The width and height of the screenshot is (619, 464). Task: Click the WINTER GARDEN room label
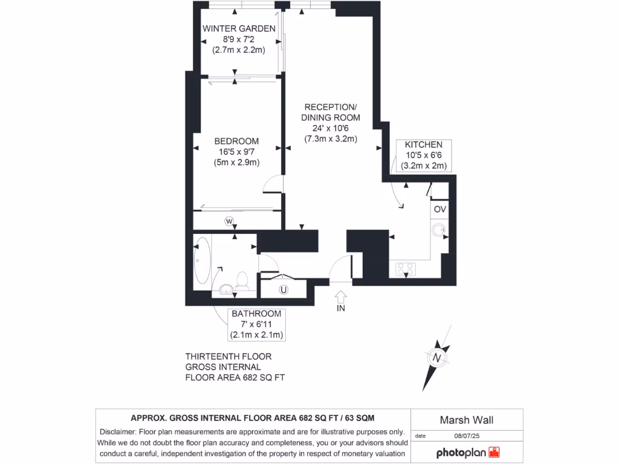point(239,28)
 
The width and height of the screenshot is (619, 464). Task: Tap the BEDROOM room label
point(236,141)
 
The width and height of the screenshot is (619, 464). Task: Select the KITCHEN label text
point(423,145)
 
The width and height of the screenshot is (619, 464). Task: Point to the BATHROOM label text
point(256,314)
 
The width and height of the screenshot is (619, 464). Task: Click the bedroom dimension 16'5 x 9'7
point(236,152)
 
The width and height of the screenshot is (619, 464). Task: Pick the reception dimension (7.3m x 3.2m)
point(331,138)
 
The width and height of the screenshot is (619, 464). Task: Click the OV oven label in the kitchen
point(439,209)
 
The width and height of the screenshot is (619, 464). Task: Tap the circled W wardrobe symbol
point(229,221)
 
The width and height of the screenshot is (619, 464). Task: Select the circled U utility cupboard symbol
point(283,289)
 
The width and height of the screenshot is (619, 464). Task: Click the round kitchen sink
point(439,230)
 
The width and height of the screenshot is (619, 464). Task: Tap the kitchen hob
point(404,268)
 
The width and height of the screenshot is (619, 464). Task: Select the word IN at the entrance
point(340,309)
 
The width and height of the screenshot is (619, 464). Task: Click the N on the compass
point(436,357)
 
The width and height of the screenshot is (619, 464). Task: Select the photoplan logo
point(468,453)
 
